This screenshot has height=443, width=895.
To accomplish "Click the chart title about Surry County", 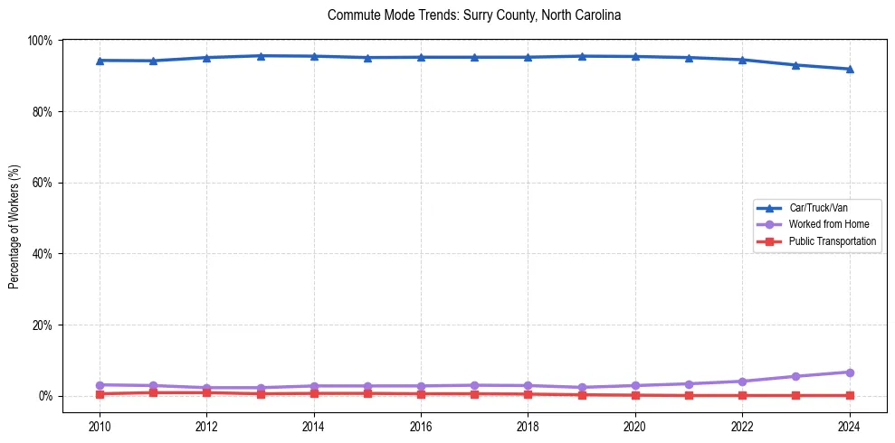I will coord(474,15).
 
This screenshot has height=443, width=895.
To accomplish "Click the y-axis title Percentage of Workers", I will coord(14,227).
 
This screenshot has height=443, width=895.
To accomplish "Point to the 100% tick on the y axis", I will coord(41,41).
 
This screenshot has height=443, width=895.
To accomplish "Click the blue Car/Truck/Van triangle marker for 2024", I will coord(849,69).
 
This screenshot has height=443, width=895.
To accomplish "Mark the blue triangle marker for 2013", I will coord(261,56).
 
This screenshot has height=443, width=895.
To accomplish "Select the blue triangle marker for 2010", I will coord(100,61).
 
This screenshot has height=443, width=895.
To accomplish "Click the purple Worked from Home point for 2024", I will coord(849,372).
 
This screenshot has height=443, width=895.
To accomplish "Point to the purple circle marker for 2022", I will coord(742,382).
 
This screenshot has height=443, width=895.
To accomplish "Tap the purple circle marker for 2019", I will coord(582,387).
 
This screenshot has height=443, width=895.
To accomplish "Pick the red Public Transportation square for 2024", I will coord(849,395).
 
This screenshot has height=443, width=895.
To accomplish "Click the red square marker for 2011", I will coord(154,392).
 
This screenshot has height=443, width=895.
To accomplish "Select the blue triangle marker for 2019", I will coord(582,56).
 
